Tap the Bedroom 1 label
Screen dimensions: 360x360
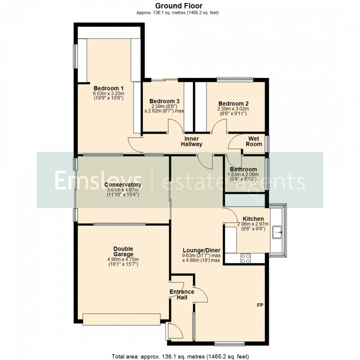(108, 88)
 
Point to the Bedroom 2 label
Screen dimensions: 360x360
(233, 104)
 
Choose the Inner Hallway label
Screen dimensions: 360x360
(191, 142)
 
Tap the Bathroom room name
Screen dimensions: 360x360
(243, 169)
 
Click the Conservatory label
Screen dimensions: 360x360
(123, 185)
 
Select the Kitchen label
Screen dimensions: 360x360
(253, 219)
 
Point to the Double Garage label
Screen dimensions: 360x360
(123, 252)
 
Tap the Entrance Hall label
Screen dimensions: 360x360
(182, 295)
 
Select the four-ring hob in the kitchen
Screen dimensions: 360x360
(245, 259)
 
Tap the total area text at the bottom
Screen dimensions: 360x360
(180, 356)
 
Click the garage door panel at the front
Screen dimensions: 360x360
(121, 319)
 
